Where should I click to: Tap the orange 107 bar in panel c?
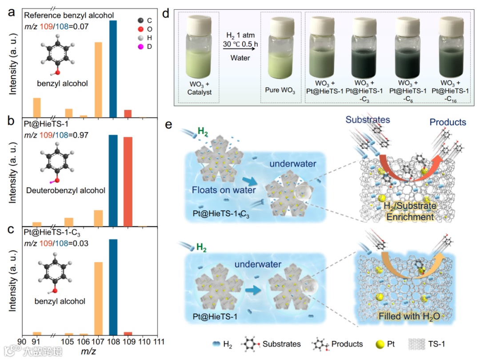coord(99,298)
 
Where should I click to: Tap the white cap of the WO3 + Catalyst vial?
coord(198,22)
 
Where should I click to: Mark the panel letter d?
coord(166,13)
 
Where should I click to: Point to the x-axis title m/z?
coord(88,352)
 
